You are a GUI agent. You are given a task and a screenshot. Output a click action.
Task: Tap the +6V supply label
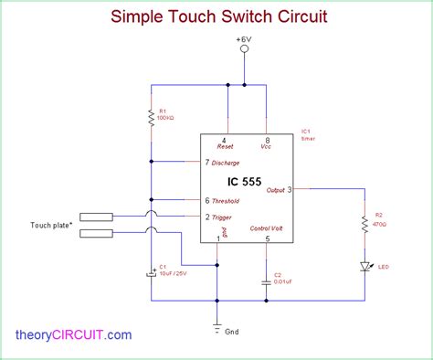pos(244,40)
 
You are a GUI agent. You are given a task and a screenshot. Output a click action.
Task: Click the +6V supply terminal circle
pos(244,51)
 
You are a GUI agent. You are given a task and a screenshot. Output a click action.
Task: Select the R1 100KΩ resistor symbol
pos(152,117)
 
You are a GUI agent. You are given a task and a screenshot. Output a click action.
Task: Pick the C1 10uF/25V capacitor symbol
pos(152,272)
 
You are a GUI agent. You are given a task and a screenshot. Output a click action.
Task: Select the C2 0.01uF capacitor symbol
pos(267,281)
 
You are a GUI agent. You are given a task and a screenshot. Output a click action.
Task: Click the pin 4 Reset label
pos(225,145)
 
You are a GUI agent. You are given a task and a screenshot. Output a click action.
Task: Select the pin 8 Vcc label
pos(266,145)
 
